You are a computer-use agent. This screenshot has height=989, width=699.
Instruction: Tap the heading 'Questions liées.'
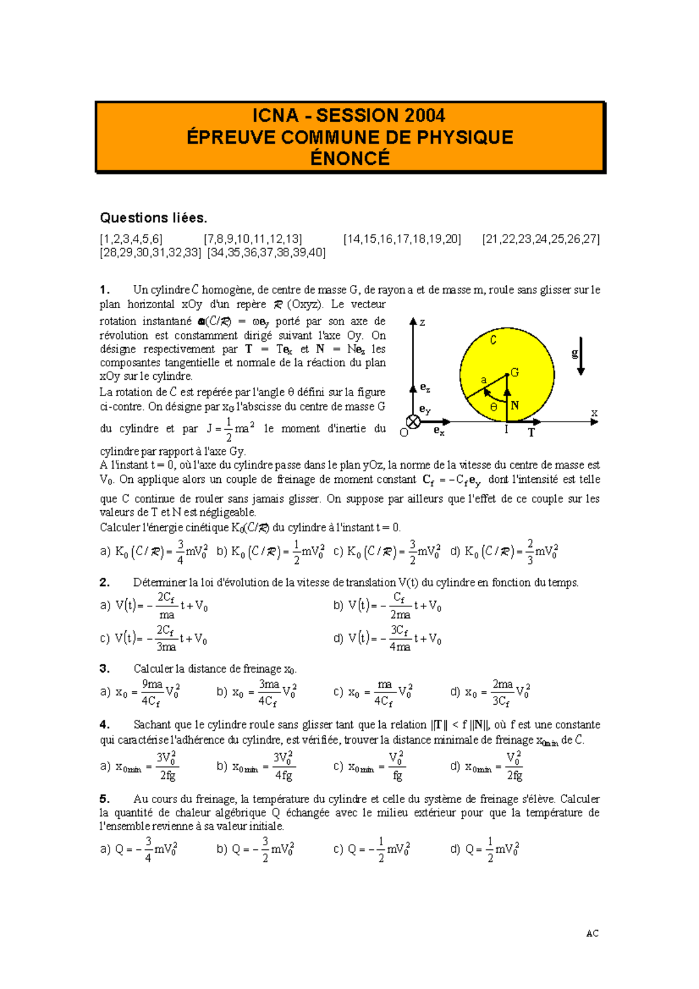153,218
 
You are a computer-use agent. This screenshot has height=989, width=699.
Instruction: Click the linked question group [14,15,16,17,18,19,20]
402,239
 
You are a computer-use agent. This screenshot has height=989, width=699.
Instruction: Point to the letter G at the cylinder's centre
514,373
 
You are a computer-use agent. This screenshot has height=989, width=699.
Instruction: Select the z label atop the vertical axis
422,322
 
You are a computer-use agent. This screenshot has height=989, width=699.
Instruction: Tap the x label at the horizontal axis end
594,413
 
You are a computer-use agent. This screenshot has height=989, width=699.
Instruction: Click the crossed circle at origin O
413,422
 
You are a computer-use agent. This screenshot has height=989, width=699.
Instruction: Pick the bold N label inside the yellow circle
514,405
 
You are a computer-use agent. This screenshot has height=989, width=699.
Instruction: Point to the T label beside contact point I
531,433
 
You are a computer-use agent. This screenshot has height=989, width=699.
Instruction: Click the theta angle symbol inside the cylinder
494,407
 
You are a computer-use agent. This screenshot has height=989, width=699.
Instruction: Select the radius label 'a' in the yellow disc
483,380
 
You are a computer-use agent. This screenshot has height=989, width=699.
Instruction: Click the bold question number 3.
105,669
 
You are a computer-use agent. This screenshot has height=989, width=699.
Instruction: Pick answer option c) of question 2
153,638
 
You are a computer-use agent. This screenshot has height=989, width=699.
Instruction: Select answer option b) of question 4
256,767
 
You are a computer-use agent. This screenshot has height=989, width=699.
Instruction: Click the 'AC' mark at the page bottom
592,933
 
